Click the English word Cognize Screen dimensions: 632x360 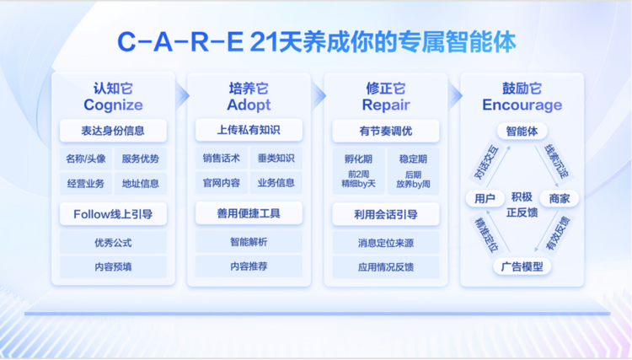(x=113, y=105)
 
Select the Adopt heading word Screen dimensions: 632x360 (x=249, y=105)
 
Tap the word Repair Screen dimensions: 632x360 (x=386, y=105)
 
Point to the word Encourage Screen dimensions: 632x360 (x=522, y=105)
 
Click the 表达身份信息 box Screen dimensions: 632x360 (x=113, y=131)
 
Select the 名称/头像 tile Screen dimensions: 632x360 (x=86, y=159)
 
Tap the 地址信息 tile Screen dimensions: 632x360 (x=141, y=184)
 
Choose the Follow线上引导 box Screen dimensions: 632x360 (x=113, y=214)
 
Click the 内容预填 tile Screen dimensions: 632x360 (x=113, y=267)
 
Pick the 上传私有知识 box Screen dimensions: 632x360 (x=249, y=130)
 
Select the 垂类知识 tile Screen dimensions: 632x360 (x=276, y=159)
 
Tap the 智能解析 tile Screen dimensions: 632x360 (x=249, y=242)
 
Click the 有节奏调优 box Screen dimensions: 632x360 (x=386, y=131)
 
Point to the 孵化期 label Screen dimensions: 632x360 (x=358, y=159)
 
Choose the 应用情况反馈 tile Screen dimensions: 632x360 (x=386, y=267)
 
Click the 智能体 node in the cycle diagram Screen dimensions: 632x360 (x=522, y=131)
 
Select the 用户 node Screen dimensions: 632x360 (x=485, y=198)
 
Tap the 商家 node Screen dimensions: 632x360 (x=560, y=198)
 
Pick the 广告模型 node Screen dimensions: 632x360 (x=522, y=266)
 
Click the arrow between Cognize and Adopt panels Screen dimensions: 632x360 (x=182, y=96)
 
